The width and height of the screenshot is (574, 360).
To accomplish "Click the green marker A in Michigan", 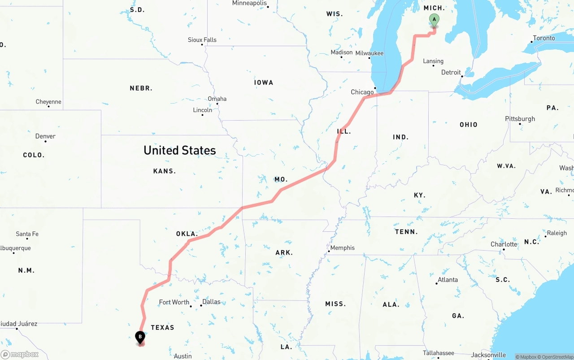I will pyautogui.click(x=434, y=20).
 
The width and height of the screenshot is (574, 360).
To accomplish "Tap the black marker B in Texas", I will pyautogui.click(x=140, y=337).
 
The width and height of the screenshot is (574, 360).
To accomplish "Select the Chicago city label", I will pyautogui.click(x=362, y=92).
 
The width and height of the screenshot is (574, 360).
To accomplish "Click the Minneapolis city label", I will pyautogui.click(x=249, y=3).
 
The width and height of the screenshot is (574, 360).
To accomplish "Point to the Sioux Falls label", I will pyautogui.click(x=202, y=40).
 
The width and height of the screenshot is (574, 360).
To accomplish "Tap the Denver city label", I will pyautogui.click(x=45, y=136).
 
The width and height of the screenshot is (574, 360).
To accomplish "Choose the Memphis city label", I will pyautogui.click(x=342, y=248).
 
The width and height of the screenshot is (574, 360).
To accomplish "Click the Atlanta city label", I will pyautogui.click(x=448, y=280).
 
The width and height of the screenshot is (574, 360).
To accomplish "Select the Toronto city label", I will pyautogui.click(x=544, y=38).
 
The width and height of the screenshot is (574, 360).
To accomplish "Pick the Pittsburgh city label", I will pyautogui.click(x=520, y=119).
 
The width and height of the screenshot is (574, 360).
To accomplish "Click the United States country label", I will pyautogui.click(x=179, y=150).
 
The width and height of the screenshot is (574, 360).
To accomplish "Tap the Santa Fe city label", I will pyautogui.click(x=27, y=234).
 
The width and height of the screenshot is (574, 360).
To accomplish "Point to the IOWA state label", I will pyautogui.click(x=263, y=82).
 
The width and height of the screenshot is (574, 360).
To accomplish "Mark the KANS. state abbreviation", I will pyautogui.click(x=165, y=171).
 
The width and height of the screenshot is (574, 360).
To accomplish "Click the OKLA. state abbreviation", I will pyautogui.click(x=187, y=234).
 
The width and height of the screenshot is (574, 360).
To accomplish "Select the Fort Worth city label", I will pyautogui.click(x=174, y=302).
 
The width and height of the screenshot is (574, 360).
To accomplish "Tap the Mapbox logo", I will pyautogui.click(x=20, y=355).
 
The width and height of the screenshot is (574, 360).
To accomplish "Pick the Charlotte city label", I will pyautogui.click(x=504, y=244).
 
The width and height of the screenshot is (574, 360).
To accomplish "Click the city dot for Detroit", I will pyautogui.click(x=462, y=76).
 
